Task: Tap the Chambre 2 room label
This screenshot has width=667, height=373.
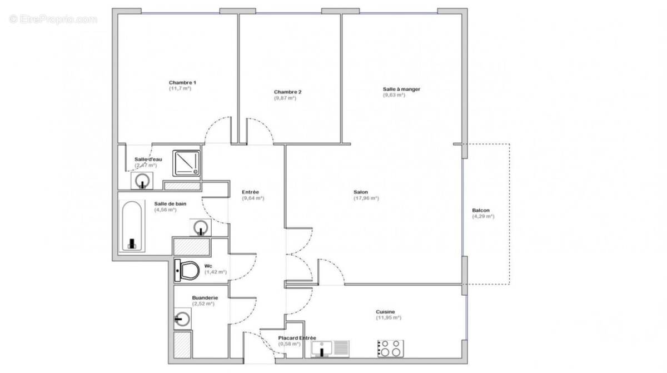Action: [x=288, y=92]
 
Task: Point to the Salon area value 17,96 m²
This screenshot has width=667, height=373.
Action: [x=366, y=198]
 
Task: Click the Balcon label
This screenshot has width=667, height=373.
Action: [x=481, y=210]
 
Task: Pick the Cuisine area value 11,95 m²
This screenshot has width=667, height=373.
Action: [x=389, y=317]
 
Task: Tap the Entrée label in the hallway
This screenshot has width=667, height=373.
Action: [x=250, y=192]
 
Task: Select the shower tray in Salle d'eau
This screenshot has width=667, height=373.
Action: [x=186, y=163]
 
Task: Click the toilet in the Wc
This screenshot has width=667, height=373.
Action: [x=187, y=271]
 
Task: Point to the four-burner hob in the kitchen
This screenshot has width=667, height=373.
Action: [x=390, y=349]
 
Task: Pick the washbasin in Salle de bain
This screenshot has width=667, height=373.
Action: [x=201, y=227]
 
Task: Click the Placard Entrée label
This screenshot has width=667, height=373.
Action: [x=297, y=337]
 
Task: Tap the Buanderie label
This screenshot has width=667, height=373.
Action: [x=205, y=298]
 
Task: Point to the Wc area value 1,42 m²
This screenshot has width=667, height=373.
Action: [x=216, y=272]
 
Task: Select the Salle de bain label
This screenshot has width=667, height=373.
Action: [x=170, y=203]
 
